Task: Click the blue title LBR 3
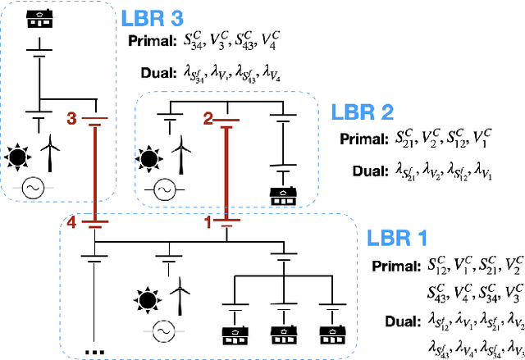click(x=152, y=18)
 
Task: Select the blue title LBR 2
click(x=361, y=111)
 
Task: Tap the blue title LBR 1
click(x=397, y=239)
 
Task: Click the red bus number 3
click(x=71, y=120)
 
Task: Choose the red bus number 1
click(x=207, y=221)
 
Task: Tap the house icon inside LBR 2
click(x=282, y=195)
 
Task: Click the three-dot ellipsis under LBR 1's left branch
click(x=96, y=352)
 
